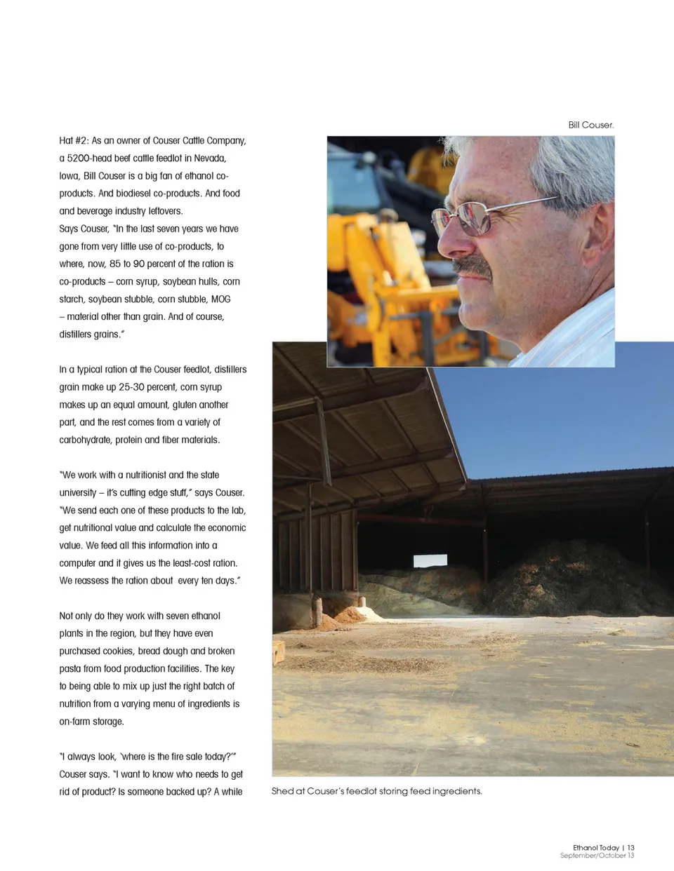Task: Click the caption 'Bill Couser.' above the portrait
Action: (591, 125)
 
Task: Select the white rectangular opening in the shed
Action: (430, 560)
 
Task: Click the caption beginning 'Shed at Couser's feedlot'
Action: (376, 791)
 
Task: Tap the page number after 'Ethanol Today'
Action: (630, 848)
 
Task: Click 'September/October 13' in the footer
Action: (597, 856)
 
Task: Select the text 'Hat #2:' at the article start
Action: (74, 141)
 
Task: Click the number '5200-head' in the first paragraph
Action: (89, 158)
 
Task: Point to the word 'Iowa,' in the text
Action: (70, 176)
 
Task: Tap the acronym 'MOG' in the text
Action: (220, 299)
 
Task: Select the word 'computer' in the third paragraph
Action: (77, 563)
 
